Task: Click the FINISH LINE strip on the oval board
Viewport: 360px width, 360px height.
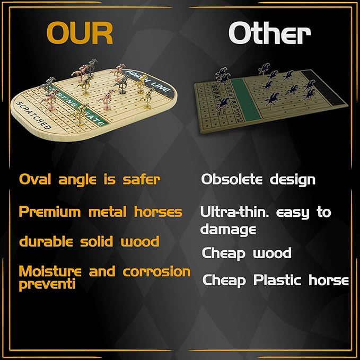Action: (x=159, y=89)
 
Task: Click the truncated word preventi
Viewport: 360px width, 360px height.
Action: (x=47, y=285)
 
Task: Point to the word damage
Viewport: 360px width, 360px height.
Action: (x=228, y=230)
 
